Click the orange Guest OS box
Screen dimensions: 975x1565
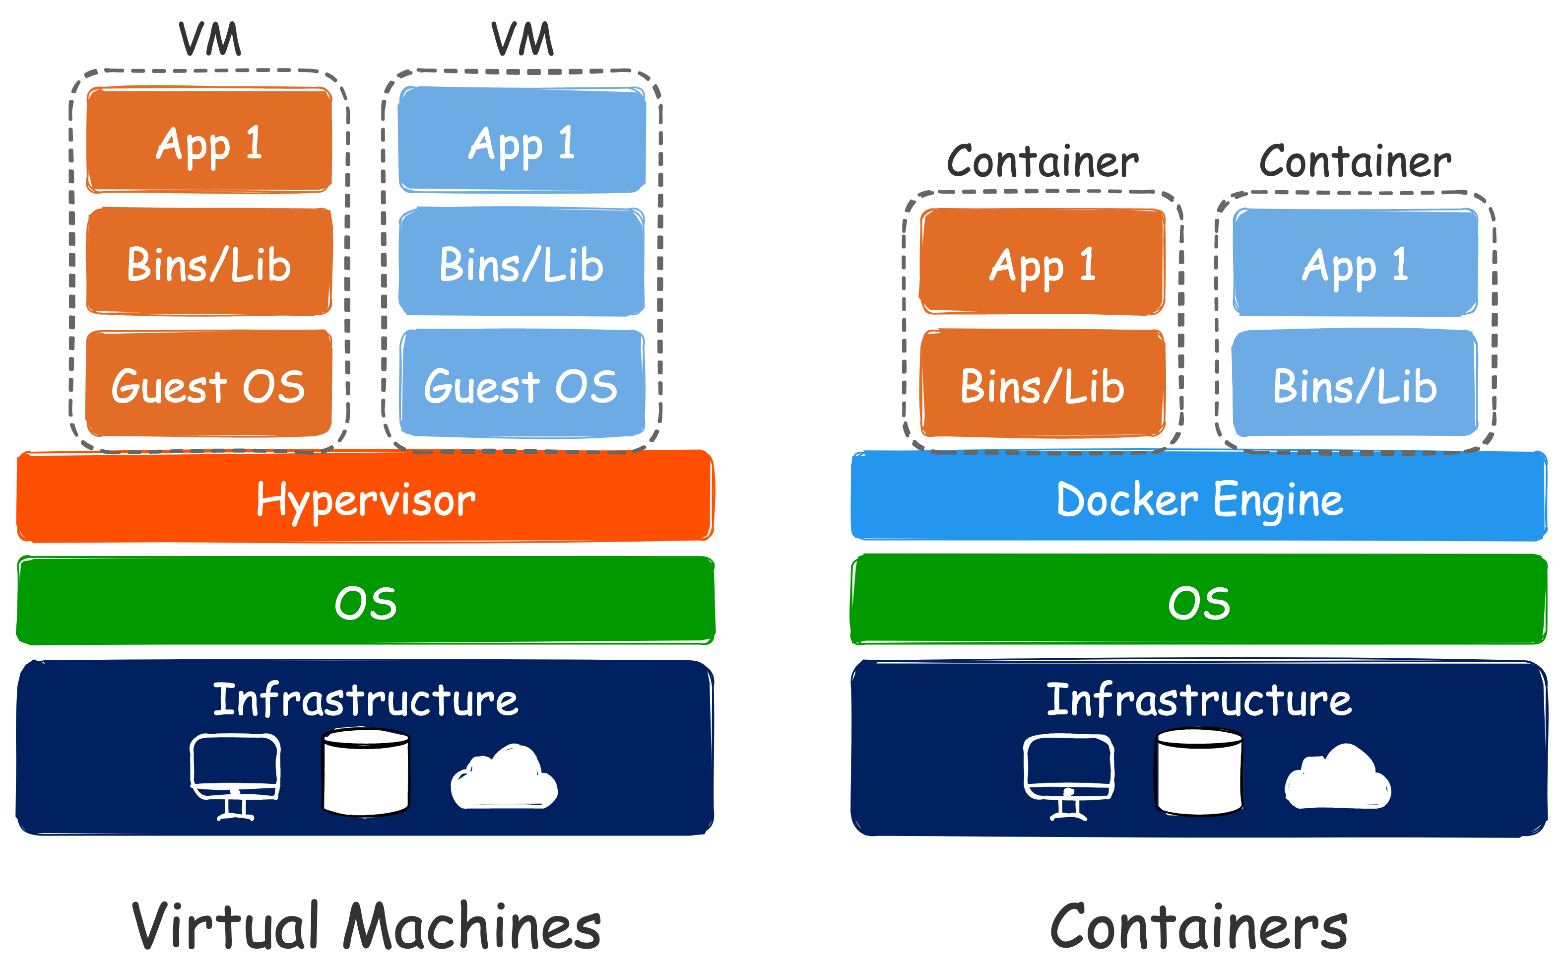point(209,384)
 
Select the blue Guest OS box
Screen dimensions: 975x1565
point(522,384)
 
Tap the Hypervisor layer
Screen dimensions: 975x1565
point(366,496)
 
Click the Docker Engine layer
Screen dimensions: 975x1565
point(1199,496)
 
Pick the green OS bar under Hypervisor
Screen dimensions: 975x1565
point(366,601)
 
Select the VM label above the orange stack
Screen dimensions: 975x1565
point(209,39)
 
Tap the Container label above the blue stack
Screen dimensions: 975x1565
point(1355,161)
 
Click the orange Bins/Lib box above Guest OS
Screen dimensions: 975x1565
point(209,263)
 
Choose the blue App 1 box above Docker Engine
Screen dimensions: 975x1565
point(1355,263)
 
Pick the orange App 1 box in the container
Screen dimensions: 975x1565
point(1043,263)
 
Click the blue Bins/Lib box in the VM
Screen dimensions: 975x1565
point(522,263)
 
